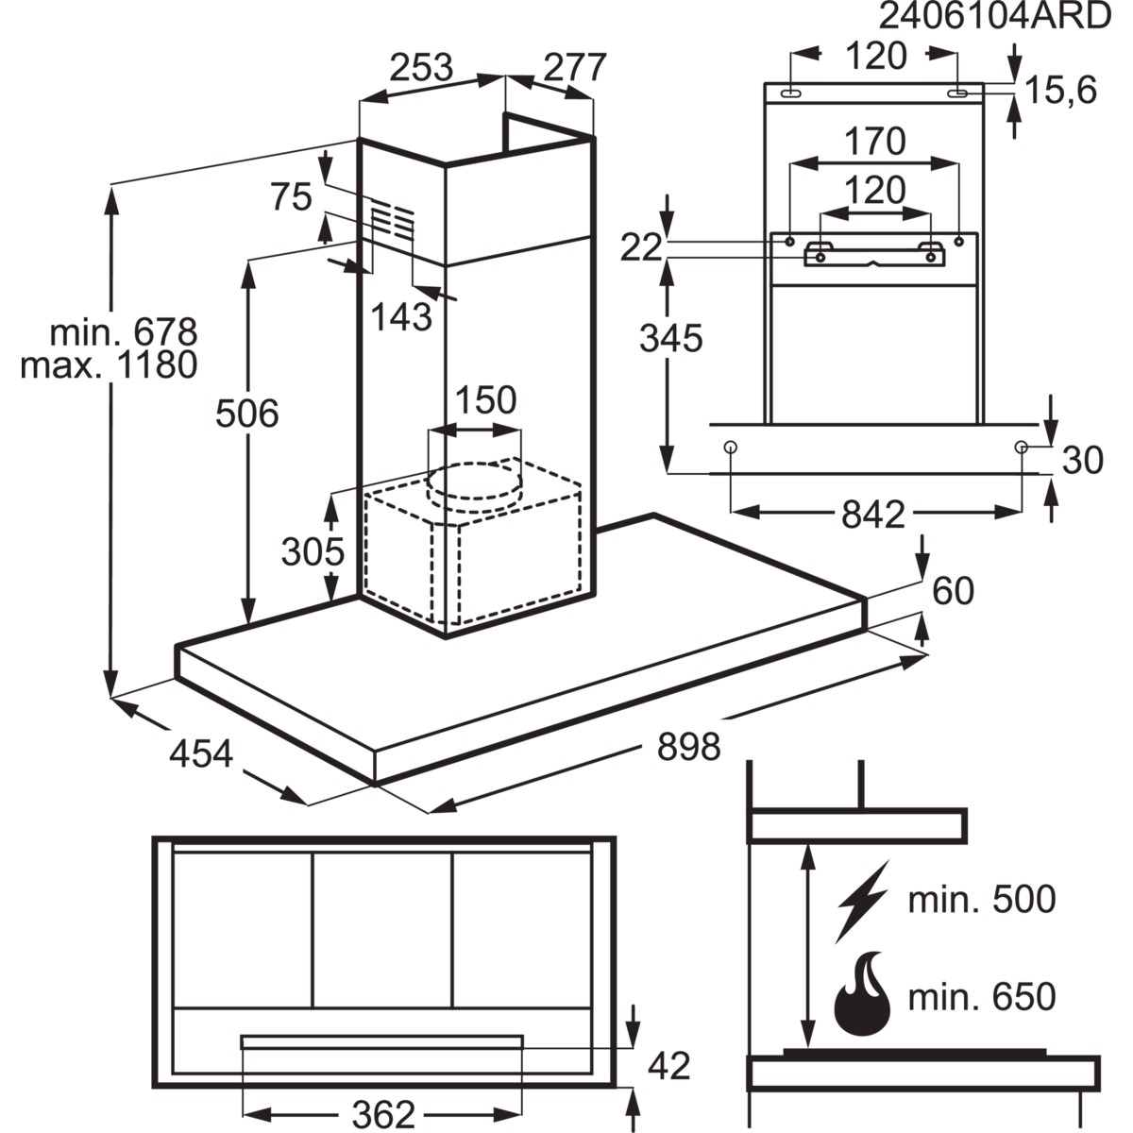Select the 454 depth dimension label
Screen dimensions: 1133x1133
coord(201,753)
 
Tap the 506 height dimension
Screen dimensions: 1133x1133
coord(248,414)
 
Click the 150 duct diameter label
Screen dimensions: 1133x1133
coord(486,400)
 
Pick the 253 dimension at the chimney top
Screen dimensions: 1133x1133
coord(422,68)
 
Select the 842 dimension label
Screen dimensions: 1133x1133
coord(872,511)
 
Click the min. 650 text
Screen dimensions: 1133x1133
coord(981,996)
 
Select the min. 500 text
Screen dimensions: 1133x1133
coord(981,899)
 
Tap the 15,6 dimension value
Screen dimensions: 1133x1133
coord(1059,91)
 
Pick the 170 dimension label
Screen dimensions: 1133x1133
coord(875,142)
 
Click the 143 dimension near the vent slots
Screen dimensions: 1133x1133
coord(401,316)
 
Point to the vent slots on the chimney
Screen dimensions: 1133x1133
coord(391,223)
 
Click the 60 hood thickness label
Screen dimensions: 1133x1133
coord(952,591)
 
